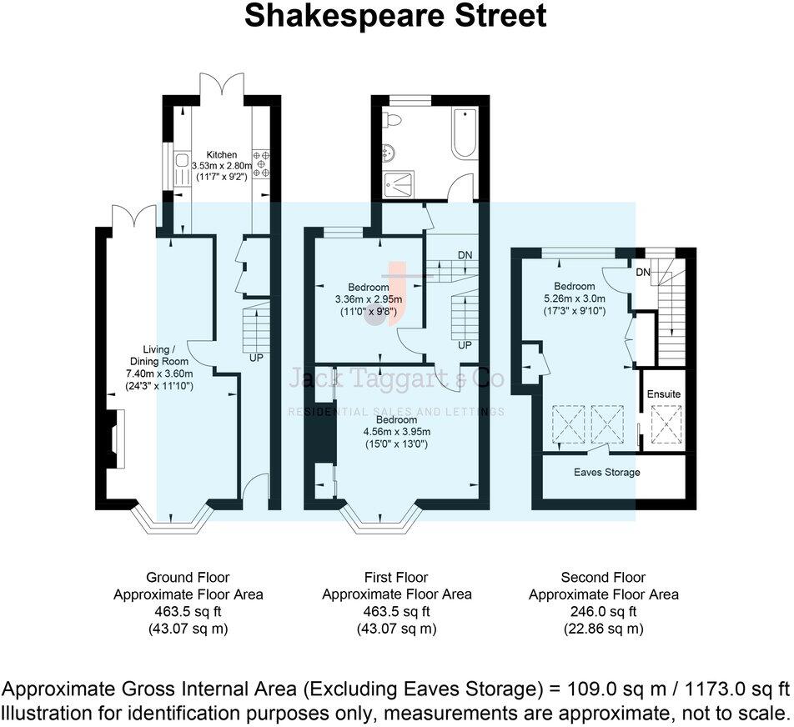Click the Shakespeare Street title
395,16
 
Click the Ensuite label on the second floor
663,394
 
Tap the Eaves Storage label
607,473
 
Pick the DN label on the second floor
643,273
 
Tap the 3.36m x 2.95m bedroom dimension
367,300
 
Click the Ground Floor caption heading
188,577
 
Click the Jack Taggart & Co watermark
395,379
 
